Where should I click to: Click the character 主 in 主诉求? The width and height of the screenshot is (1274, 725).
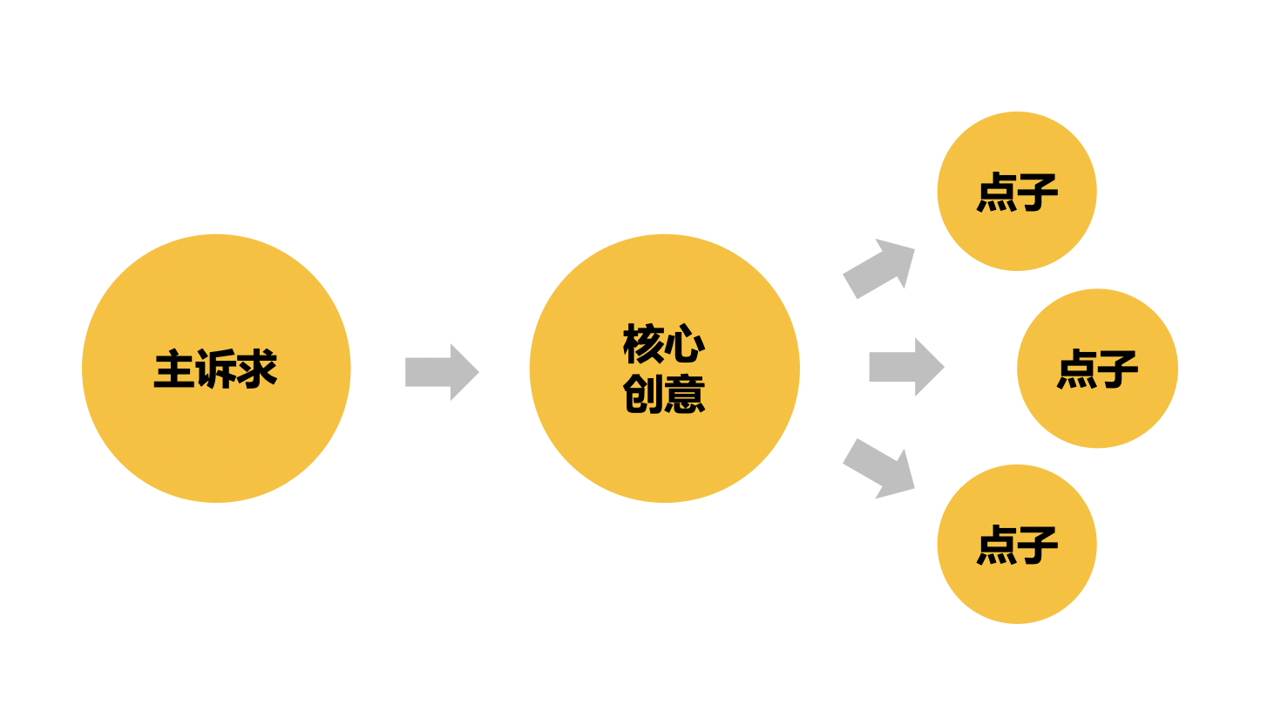[174, 369]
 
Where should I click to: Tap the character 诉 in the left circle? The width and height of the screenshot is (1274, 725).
[215, 369]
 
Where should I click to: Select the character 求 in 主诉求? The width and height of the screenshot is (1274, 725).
[257, 369]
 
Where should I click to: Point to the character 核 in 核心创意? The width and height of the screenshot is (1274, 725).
[644, 344]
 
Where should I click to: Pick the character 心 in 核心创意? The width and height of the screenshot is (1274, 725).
[685, 344]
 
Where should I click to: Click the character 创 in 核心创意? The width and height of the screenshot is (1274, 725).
[644, 394]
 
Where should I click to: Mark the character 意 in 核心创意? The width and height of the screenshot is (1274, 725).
[685, 394]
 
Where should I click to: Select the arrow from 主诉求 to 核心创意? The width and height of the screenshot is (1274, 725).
[441, 372]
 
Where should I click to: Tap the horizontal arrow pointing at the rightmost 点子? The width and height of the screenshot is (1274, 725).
[905, 367]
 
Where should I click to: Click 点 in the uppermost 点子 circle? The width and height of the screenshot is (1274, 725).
[997, 192]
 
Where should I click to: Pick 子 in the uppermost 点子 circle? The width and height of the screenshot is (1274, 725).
[1038, 192]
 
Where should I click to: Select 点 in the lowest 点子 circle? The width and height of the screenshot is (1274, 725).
[997, 545]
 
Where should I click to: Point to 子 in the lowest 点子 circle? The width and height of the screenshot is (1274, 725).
[1038, 545]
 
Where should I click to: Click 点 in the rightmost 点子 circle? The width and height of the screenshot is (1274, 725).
[1077, 369]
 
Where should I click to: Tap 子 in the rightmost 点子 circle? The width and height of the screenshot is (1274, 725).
[1118, 369]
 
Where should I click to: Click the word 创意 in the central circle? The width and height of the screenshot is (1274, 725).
[664, 394]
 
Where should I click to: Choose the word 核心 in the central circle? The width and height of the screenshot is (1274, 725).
[664, 344]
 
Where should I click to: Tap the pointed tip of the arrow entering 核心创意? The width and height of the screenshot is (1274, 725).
[477, 372]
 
